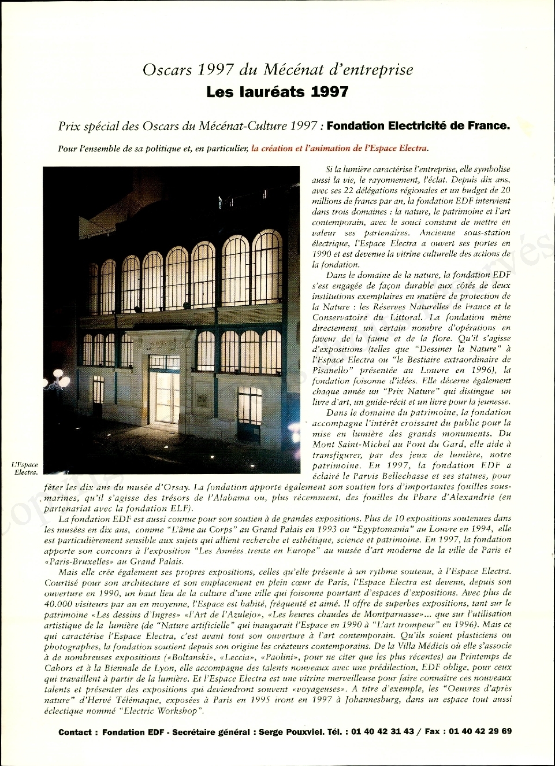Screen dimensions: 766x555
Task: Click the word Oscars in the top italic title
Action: click(167, 70)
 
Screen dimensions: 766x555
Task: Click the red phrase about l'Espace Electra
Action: click(340, 148)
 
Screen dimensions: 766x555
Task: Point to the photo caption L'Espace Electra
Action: click(26, 468)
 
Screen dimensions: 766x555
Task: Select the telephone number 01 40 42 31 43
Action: click(382, 731)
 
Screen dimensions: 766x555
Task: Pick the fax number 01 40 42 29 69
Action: click(480, 731)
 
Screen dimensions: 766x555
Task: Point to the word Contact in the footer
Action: click(75, 732)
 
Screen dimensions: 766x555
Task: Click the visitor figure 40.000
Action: click(59, 603)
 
